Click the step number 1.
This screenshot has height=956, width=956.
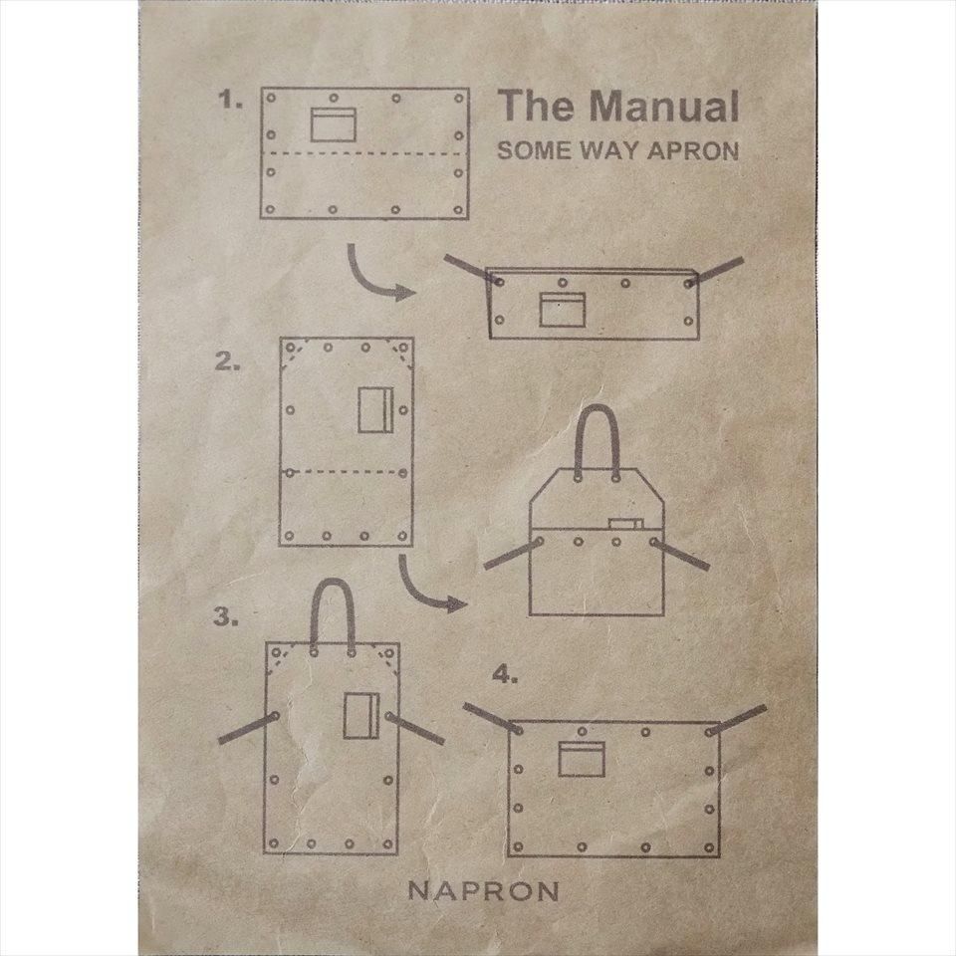[x=231, y=100]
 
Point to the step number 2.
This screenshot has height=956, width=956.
[x=227, y=362]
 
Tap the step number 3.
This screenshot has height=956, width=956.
[x=226, y=617]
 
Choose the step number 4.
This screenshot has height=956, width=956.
[x=506, y=675]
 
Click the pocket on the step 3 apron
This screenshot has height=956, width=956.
[x=358, y=714]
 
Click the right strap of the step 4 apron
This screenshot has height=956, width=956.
[x=739, y=719]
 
